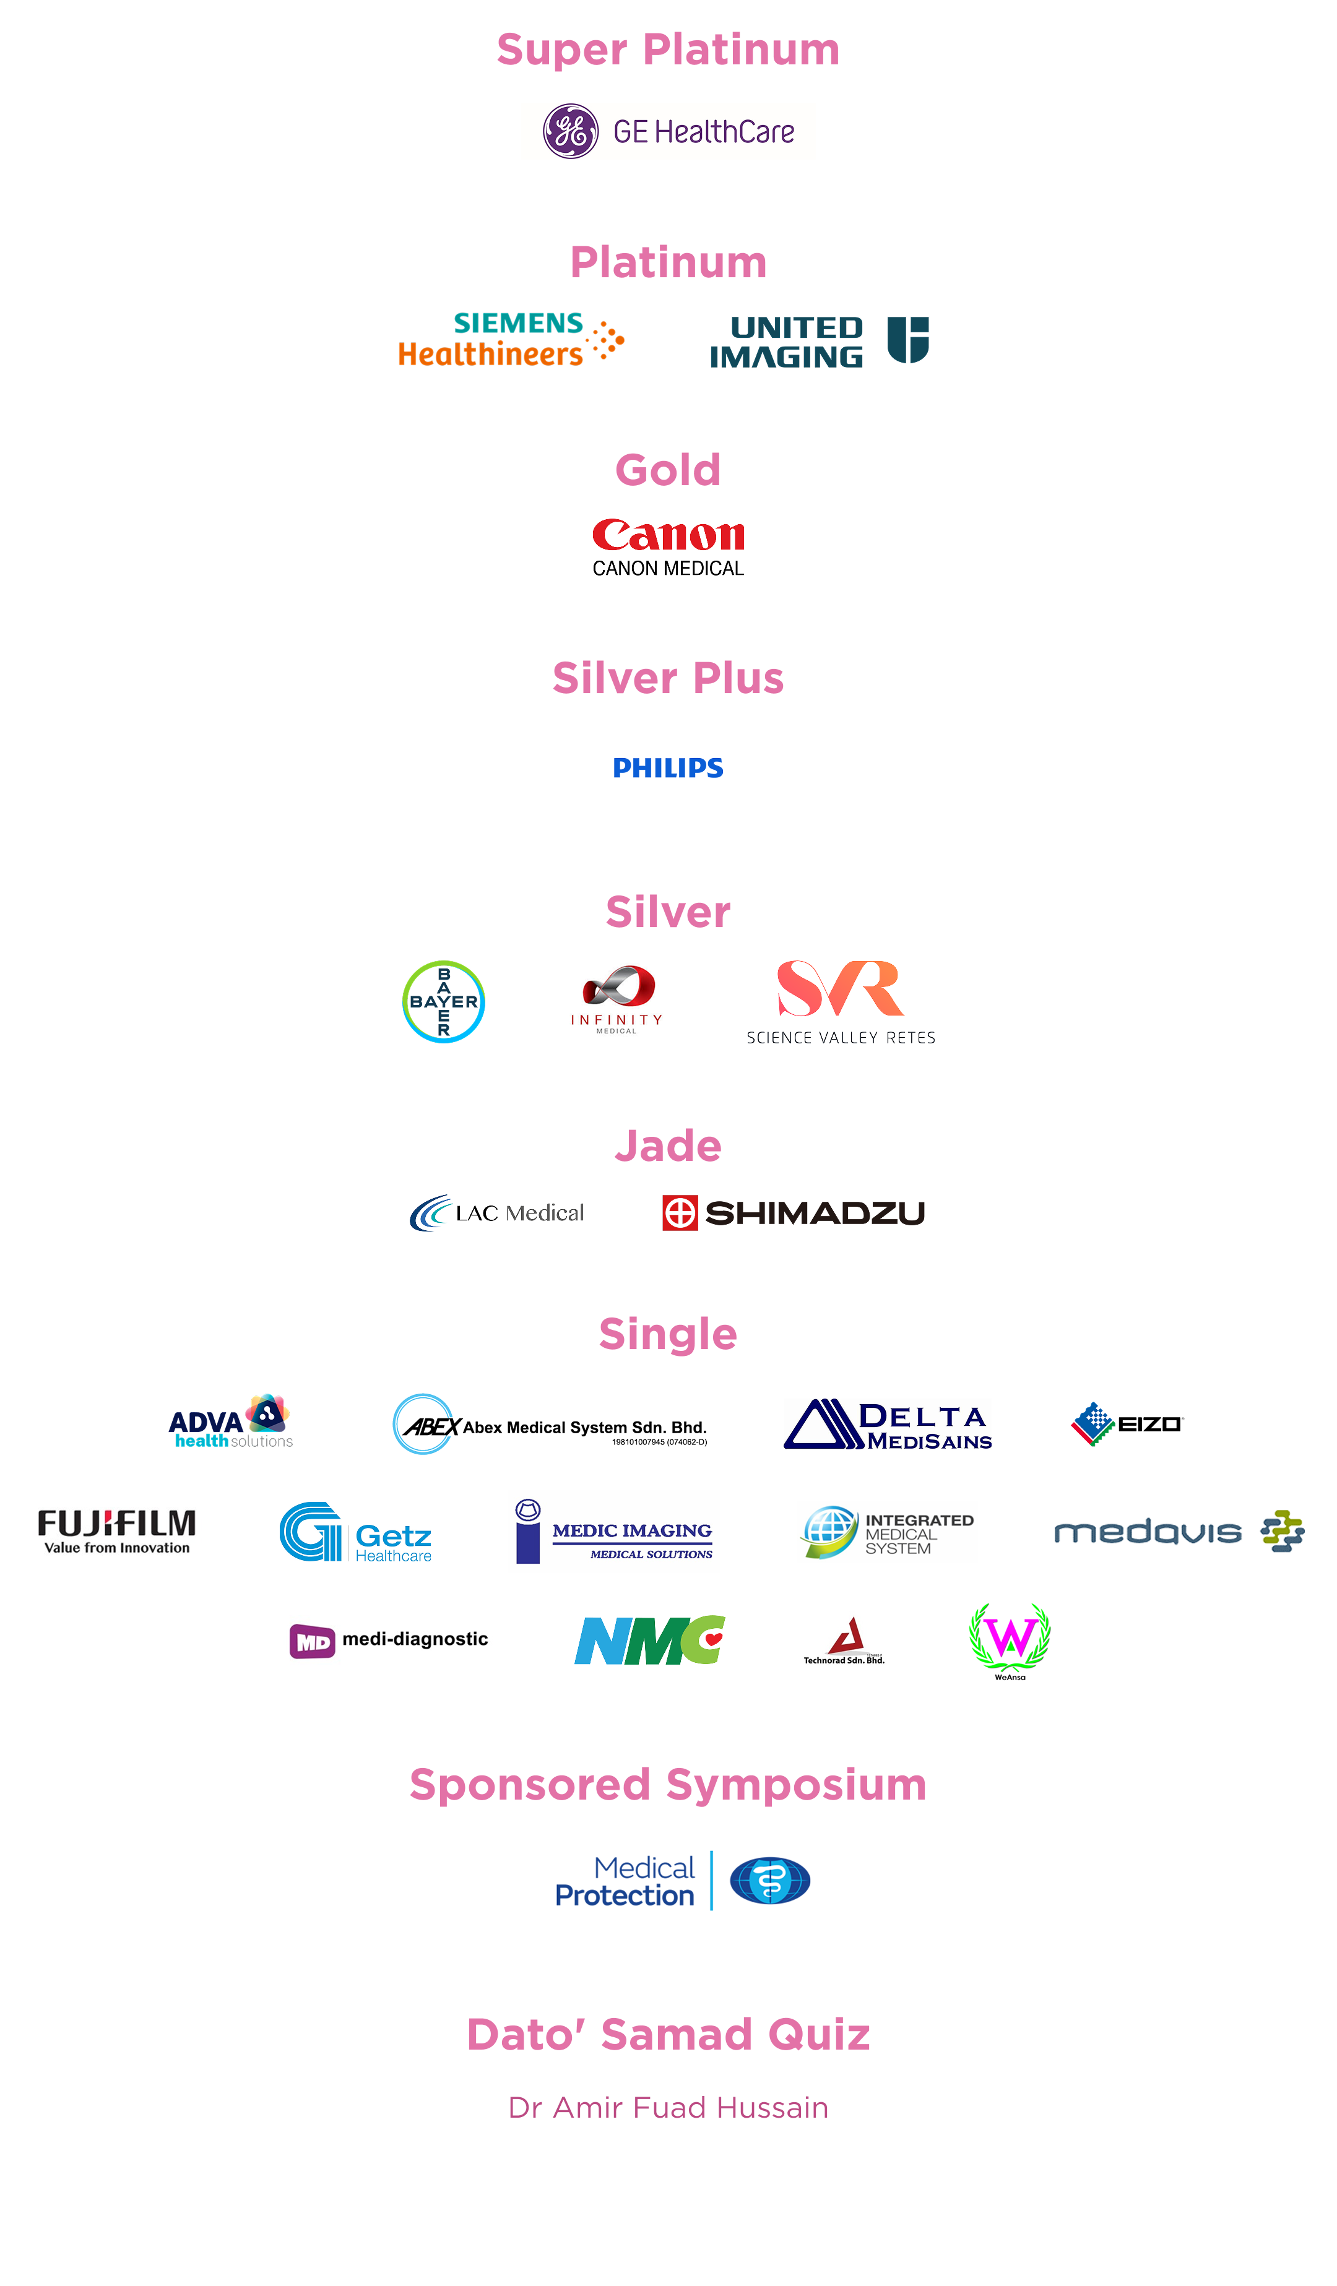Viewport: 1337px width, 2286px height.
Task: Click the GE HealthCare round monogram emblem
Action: coord(571,132)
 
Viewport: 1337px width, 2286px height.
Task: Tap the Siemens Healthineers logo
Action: coord(511,340)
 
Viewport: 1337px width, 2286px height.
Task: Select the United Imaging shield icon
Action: coord(908,340)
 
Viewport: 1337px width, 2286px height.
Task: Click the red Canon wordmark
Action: coord(668,535)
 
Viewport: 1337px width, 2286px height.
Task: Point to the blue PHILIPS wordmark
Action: coord(668,769)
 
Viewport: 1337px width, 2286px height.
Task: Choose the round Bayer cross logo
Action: coord(444,1001)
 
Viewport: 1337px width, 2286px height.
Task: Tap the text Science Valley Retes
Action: coord(841,1038)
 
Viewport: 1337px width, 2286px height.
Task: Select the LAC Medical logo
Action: coord(497,1213)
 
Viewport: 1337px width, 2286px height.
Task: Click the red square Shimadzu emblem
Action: coord(680,1213)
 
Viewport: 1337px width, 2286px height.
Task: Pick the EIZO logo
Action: coord(1127,1423)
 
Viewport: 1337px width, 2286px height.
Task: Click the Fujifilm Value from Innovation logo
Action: coord(116,1531)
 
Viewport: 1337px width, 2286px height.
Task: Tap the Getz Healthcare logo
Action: coord(355,1532)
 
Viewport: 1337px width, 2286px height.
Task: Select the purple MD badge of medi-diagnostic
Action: coord(312,1641)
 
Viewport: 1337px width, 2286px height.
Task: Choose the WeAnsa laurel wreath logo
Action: coord(1010,1640)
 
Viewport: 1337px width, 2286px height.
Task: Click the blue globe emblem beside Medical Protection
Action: coord(770,1881)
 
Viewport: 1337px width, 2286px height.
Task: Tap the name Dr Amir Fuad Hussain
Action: coord(668,2107)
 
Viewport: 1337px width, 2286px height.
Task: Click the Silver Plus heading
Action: coord(668,678)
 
